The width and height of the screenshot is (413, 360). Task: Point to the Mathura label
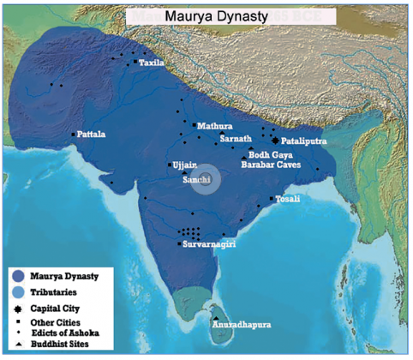[214, 126]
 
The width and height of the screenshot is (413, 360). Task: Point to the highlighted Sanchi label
[198, 180]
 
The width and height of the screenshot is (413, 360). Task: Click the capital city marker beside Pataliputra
[275, 140]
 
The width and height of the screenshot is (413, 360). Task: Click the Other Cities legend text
[54, 321]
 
